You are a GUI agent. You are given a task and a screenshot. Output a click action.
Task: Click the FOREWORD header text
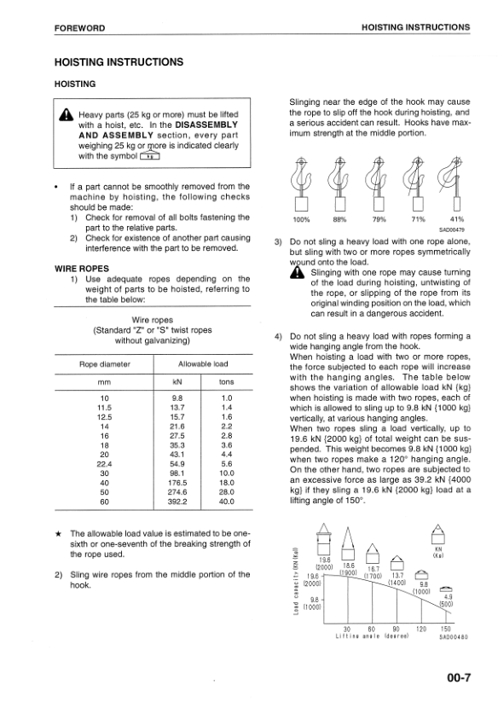click(x=79, y=28)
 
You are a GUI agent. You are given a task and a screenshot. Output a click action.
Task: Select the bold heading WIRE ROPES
click(x=79, y=267)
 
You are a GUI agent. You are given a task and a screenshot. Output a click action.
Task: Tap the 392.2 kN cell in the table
click(x=177, y=502)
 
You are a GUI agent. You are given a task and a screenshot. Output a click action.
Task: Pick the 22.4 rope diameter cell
click(x=105, y=463)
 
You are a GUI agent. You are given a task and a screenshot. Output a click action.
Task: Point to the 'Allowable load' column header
click(x=202, y=364)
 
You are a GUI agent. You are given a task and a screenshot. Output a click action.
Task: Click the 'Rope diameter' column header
click(x=105, y=364)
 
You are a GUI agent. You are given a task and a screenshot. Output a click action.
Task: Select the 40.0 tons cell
click(x=227, y=502)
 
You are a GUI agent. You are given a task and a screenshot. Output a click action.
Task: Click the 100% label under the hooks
click(x=302, y=219)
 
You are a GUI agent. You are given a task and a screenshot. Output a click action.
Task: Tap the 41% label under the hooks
click(x=455, y=219)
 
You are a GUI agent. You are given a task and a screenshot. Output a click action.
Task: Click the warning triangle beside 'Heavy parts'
click(x=67, y=116)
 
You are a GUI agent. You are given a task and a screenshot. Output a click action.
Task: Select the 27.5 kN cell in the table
click(x=177, y=435)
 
